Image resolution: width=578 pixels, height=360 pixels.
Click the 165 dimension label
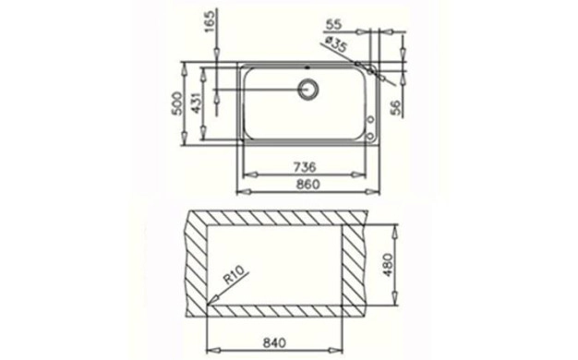click(x=210, y=21)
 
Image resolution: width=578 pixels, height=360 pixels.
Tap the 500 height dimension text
click(x=177, y=103)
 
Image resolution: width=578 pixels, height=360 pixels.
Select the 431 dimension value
click(x=196, y=103)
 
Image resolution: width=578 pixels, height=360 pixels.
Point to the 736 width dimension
click(x=305, y=167)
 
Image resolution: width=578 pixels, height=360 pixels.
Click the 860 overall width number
click(x=307, y=184)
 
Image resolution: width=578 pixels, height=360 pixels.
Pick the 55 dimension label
click(x=334, y=25)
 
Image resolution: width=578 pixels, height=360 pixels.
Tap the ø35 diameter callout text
click(x=336, y=44)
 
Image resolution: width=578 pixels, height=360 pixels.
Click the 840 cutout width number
click(x=274, y=342)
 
